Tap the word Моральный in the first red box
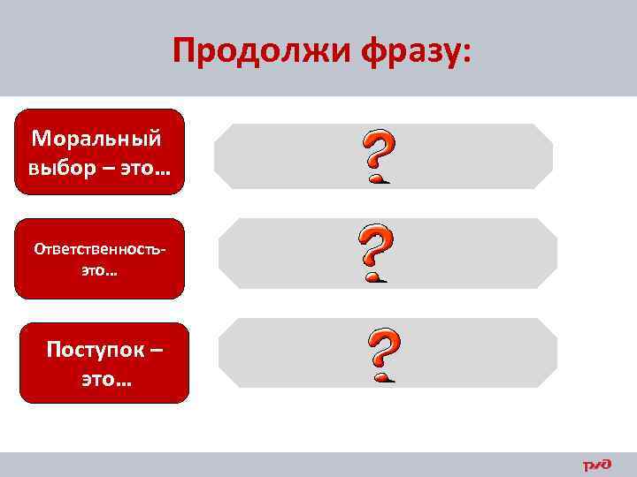(x=96, y=139)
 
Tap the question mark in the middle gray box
(x=376, y=250)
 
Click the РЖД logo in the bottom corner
(x=596, y=465)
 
